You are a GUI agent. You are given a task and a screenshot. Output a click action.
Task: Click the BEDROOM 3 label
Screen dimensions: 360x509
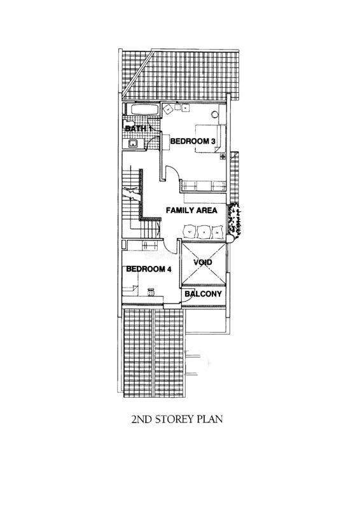click(x=193, y=141)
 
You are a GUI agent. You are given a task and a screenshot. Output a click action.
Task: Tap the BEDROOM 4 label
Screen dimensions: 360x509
click(x=149, y=269)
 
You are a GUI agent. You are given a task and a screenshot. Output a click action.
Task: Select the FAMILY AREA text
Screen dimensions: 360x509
click(x=191, y=211)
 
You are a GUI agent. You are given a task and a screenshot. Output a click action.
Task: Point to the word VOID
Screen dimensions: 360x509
click(x=202, y=262)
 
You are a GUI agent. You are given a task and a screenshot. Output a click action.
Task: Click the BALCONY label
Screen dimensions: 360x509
click(x=203, y=294)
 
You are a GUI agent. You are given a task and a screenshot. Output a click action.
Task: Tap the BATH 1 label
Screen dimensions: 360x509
click(x=139, y=129)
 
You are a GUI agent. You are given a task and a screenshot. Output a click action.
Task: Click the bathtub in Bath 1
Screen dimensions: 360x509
click(x=145, y=109)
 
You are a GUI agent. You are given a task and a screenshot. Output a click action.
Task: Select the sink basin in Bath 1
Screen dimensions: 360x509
click(x=132, y=143)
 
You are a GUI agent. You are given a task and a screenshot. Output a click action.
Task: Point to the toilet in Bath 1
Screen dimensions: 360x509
click(x=127, y=124)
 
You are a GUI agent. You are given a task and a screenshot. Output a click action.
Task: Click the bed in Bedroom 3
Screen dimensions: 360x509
click(x=210, y=138)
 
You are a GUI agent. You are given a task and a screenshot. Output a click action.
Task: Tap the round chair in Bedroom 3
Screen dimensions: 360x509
click(x=214, y=115)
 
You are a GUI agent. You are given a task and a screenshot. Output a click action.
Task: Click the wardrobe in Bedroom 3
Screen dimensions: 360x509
click(x=204, y=186)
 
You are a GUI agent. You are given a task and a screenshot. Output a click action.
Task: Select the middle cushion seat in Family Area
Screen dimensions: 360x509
click(x=204, y=232)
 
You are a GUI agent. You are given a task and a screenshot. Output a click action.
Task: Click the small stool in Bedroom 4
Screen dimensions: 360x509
click(x=151, y=292)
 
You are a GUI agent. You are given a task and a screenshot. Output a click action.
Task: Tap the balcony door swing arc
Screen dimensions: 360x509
click(x=188, y=295)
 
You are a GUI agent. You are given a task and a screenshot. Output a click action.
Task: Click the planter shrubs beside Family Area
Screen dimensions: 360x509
click(x=235, y=218)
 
